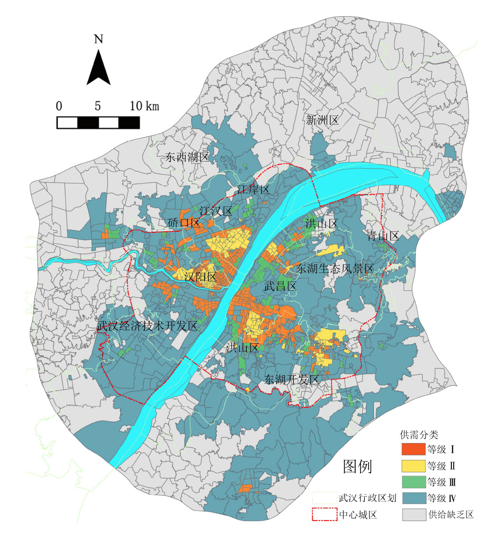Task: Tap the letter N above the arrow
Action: [x=98, y=39]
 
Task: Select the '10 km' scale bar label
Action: [x=144, y=106]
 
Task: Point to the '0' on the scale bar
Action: [x=59, y=106]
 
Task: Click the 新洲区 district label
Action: [x=322, y=120]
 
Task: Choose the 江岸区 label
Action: [x=254, y=190]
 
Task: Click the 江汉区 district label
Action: [x=216, y=211]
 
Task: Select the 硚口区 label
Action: [x=184, y=223]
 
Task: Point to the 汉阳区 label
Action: [x=201, y=277]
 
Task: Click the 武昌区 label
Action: [x=281, y=286]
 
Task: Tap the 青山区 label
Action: [x=383, y=236]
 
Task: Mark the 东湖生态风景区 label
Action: [x=335, y=269]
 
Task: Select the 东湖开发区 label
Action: [x=292, y=380]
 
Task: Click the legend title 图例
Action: [x=358, y=466]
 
